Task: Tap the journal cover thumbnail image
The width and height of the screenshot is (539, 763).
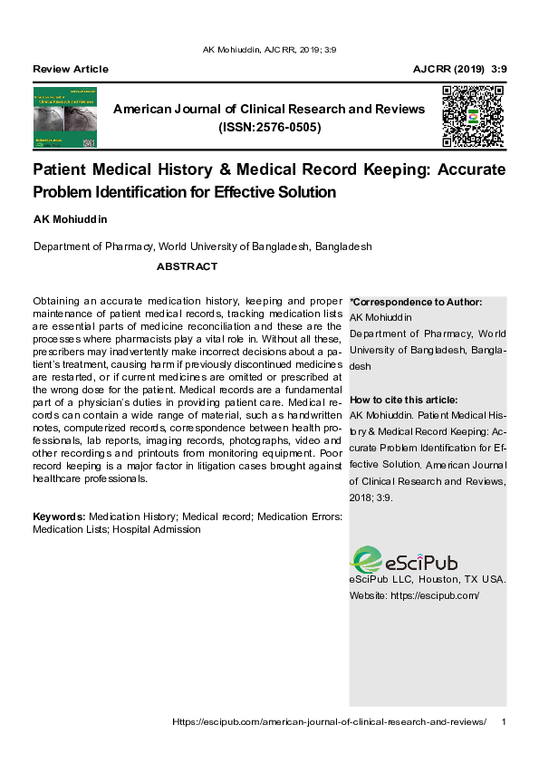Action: (64, 118)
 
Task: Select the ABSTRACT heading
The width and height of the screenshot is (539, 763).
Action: (187, 266)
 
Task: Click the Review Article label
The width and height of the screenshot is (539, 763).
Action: (70, 69)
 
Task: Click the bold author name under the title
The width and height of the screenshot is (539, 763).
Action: (69, 220)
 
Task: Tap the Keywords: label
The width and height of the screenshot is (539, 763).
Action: (59, 517)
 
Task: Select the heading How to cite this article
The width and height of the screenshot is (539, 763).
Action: (403, 400)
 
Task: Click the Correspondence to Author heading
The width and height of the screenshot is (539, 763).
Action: (416, 302)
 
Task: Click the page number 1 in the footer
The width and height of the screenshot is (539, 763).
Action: (503, 721)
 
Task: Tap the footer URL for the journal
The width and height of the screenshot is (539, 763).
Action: (329, 721)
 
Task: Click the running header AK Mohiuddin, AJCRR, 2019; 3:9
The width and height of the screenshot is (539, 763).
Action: (270, 50)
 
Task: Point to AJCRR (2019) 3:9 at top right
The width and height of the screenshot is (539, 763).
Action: (459, 69)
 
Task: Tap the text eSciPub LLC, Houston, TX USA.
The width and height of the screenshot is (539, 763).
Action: (427, 579)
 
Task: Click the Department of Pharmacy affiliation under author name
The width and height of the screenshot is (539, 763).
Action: (202, 246)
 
